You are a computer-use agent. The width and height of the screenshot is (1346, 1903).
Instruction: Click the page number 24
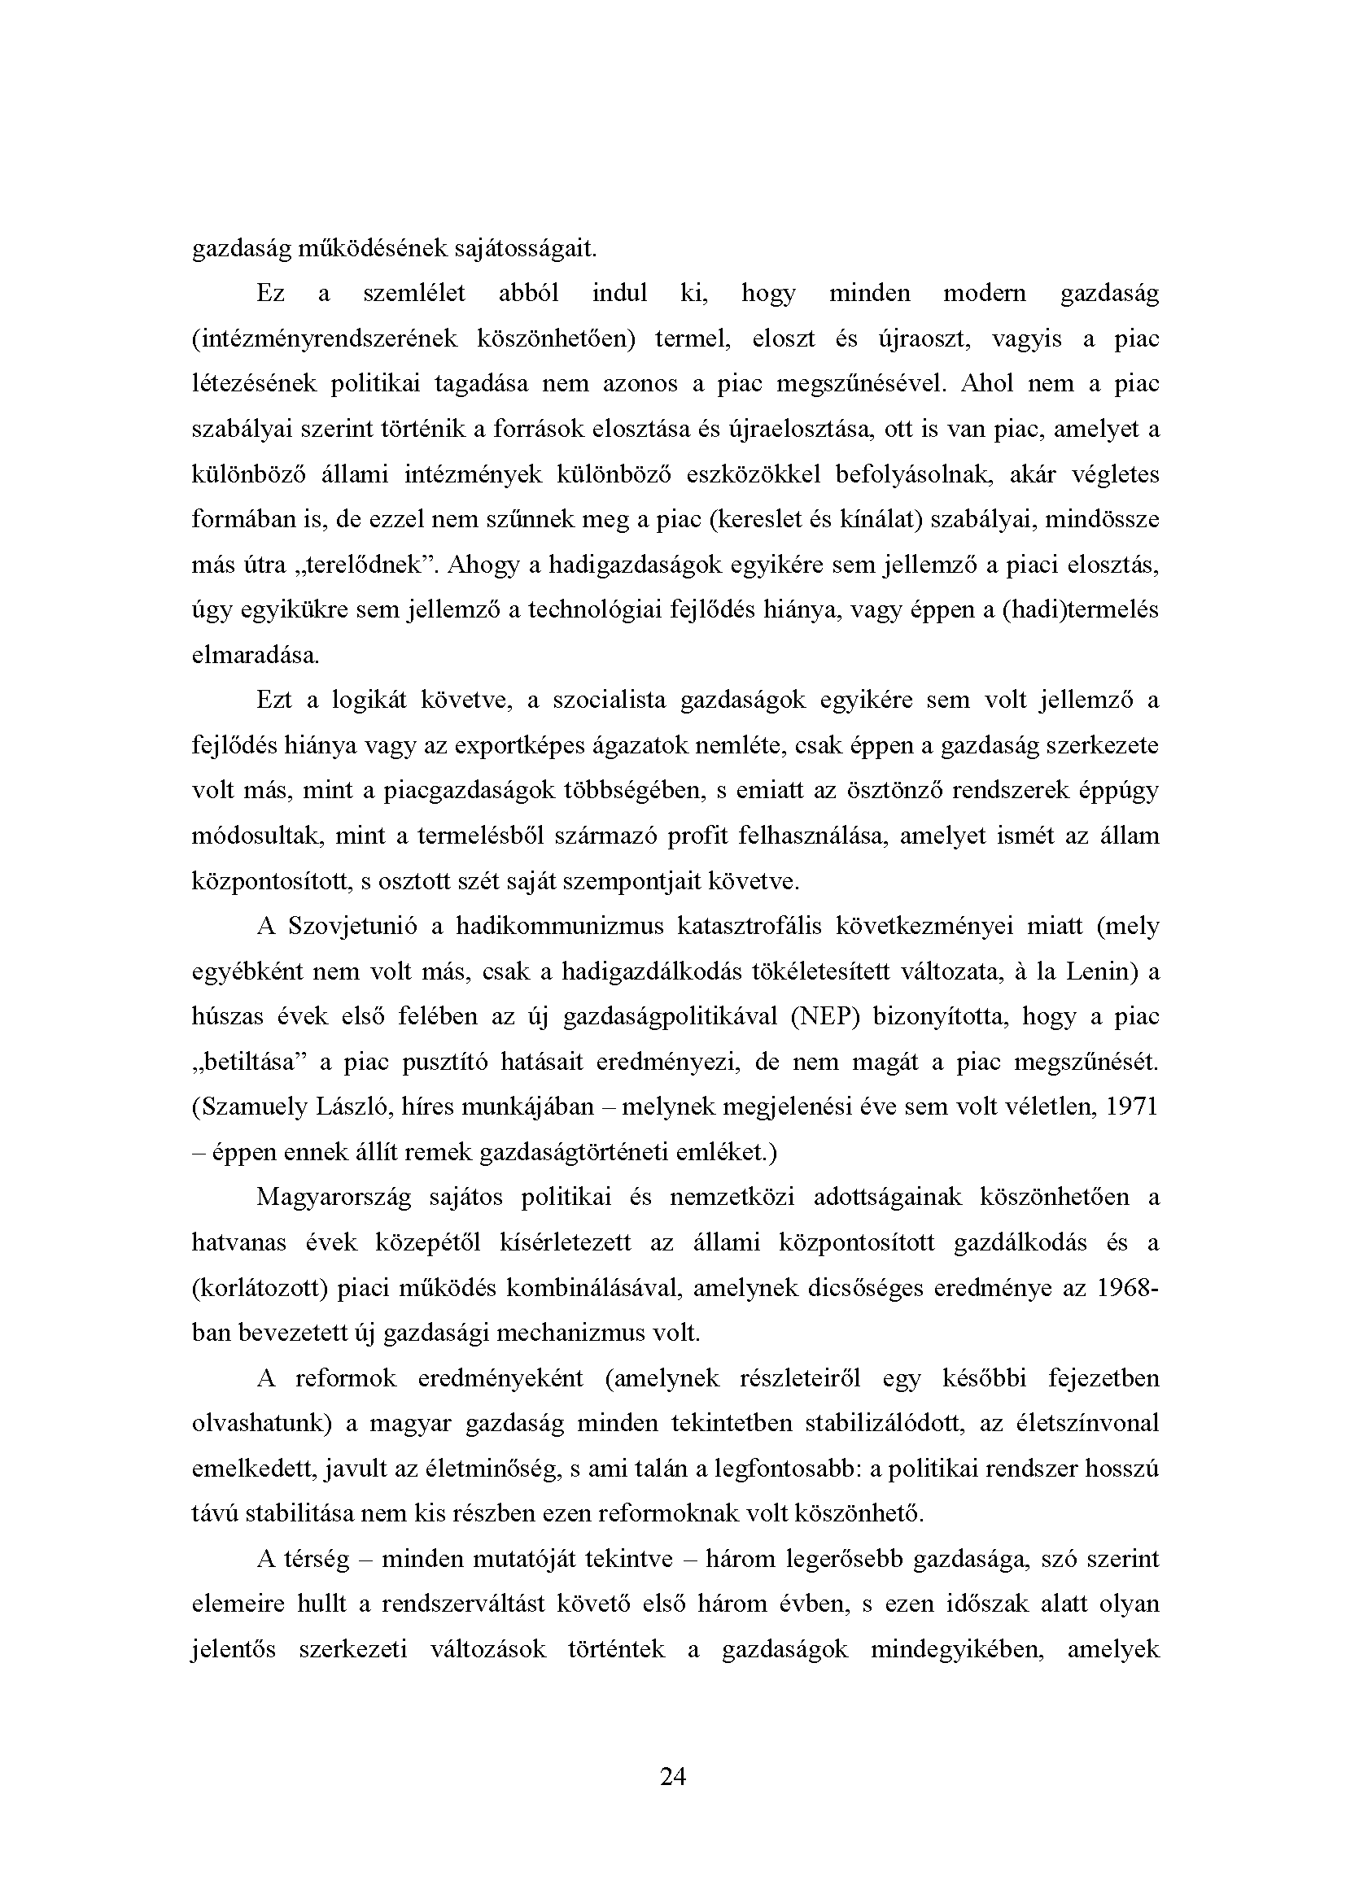tap(673, 1776)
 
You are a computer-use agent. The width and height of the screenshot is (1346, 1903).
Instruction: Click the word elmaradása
tap(256, 656)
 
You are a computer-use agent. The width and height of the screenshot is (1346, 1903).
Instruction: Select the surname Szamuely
tap(250, 1107)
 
